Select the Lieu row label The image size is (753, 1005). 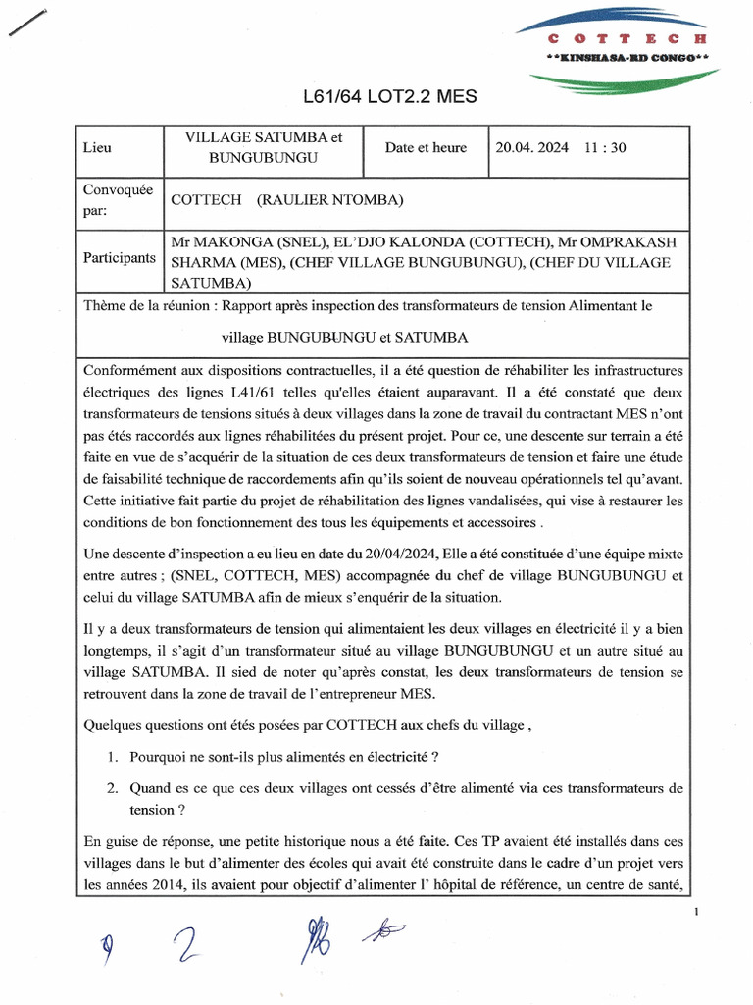(97, 148)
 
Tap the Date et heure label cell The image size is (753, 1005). (426, 148)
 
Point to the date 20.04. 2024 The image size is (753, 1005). (531, 148)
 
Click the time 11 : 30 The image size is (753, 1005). (605, 148)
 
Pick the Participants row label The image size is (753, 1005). (119, 258)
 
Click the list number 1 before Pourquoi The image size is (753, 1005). (115, 757)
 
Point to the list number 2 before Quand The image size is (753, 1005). (115, 787)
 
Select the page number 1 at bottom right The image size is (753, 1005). (695, 914)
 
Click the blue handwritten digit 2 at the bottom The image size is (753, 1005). (182, 948)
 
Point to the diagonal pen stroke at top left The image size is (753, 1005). (28, 22)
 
